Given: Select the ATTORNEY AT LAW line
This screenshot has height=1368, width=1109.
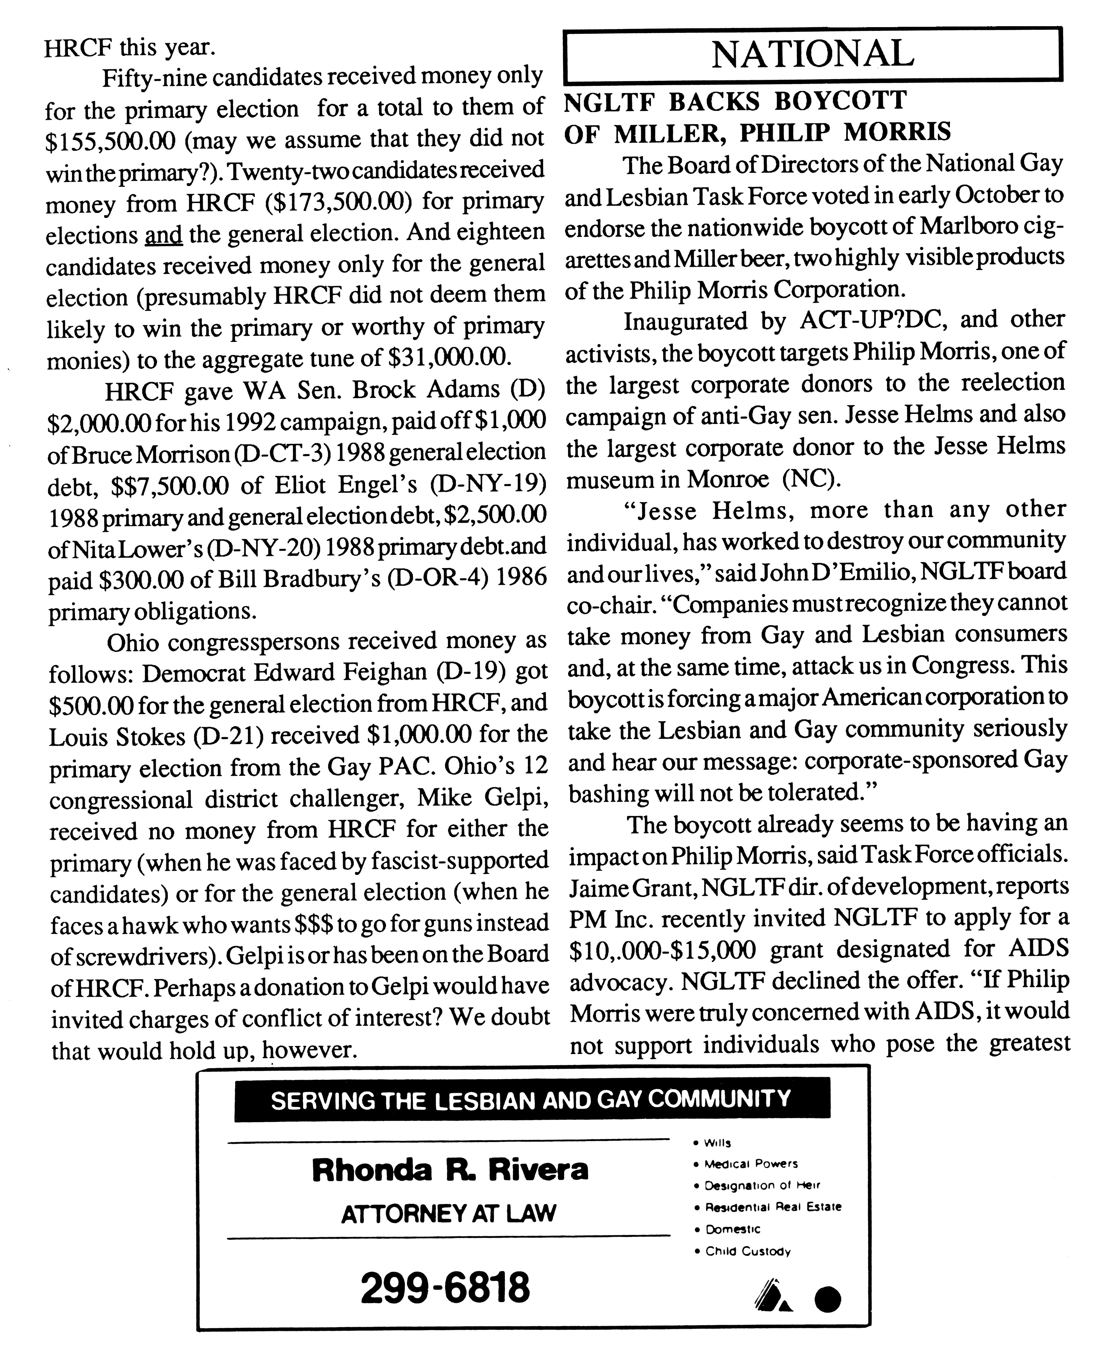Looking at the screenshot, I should [x=448, y=1213].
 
